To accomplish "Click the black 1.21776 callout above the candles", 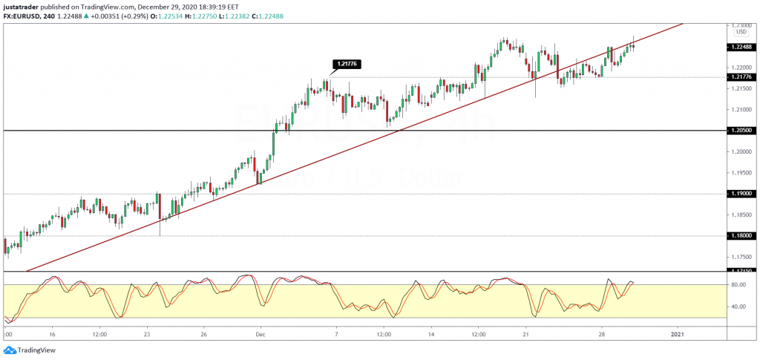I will pos(347,64).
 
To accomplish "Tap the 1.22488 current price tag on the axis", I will pos(740,47).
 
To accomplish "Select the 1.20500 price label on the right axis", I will pos(740,131).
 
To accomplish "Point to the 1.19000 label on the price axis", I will pos(740,194).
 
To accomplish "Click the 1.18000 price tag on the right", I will pos(740,236).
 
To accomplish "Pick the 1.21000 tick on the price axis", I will pos(739,110).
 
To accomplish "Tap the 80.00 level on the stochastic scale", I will pos(738,284).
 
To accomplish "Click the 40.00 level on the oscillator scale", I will pos(738,307).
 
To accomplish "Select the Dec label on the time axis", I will pos(260,334).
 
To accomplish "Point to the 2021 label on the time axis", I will pos(678,334).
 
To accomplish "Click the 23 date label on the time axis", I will pos(148,334).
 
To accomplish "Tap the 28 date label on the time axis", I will pos(603,334).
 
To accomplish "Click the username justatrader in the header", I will pos(22,6).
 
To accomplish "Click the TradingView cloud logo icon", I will pos(10,350).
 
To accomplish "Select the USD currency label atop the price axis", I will pos(740,32).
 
